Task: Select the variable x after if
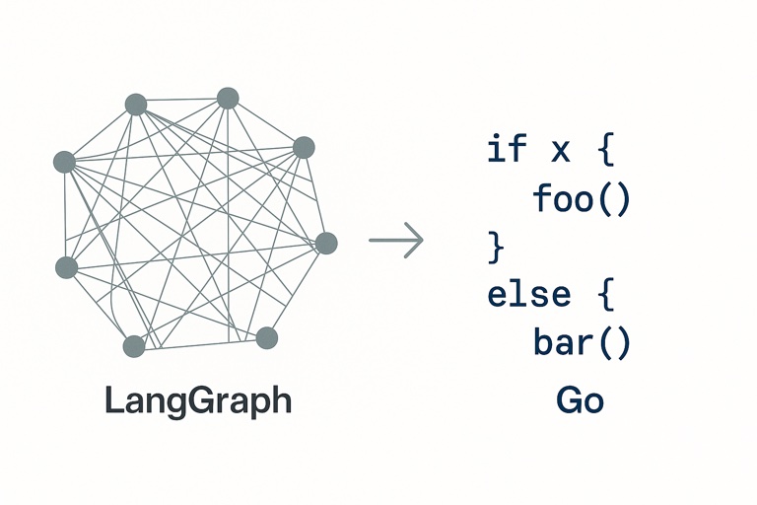point(559,150)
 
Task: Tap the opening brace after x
point(605,150)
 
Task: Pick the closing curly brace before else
point(495,247)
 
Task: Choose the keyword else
point(529,294)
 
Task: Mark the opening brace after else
point(605,294)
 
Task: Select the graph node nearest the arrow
point(326,243)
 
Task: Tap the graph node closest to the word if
point(304,148)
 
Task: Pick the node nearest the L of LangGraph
point(134,346)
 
